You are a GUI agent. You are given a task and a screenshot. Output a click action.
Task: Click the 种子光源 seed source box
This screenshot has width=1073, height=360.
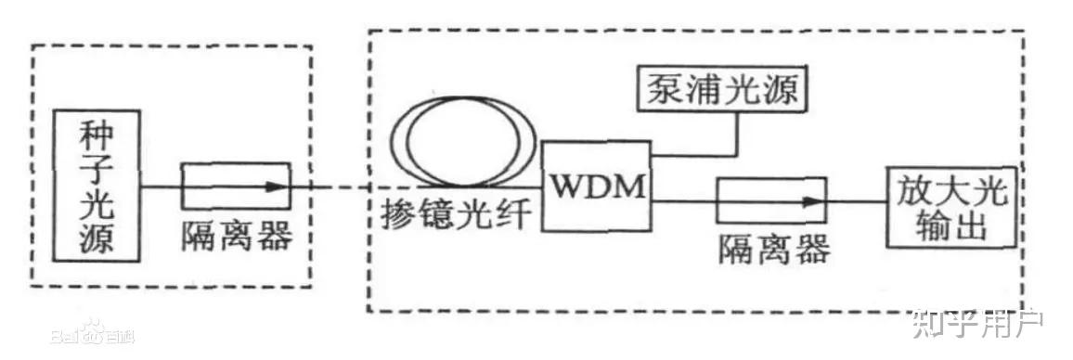point(97,185)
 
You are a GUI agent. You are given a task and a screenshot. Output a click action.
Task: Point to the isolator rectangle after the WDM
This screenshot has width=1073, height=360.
point(770,200)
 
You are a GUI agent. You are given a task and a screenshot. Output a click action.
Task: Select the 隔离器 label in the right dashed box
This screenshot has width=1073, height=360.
point(774,249)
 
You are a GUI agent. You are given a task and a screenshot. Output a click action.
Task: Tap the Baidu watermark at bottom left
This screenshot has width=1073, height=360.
point(93,332)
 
